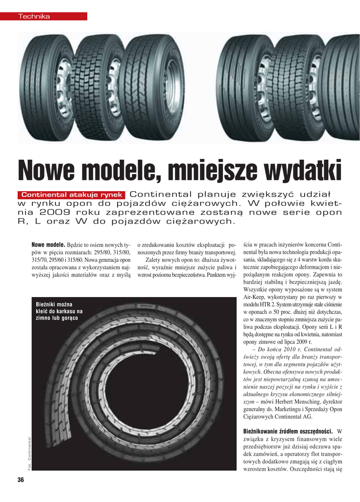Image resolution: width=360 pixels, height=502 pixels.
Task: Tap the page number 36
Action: (x=21, y=480)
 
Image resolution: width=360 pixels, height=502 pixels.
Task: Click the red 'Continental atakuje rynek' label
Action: (x=72, y=195)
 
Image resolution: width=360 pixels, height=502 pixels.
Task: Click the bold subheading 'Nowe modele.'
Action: (x=48, y=244)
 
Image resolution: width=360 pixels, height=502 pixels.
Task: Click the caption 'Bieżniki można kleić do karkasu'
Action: (x=59, y=311)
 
